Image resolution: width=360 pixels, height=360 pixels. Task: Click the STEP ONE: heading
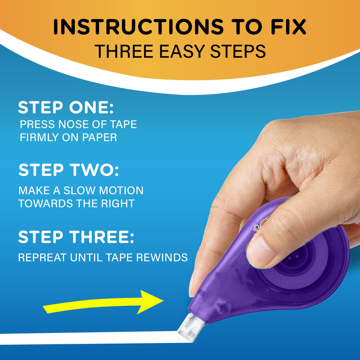[66, 108]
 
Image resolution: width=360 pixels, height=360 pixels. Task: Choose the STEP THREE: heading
[76, 237]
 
